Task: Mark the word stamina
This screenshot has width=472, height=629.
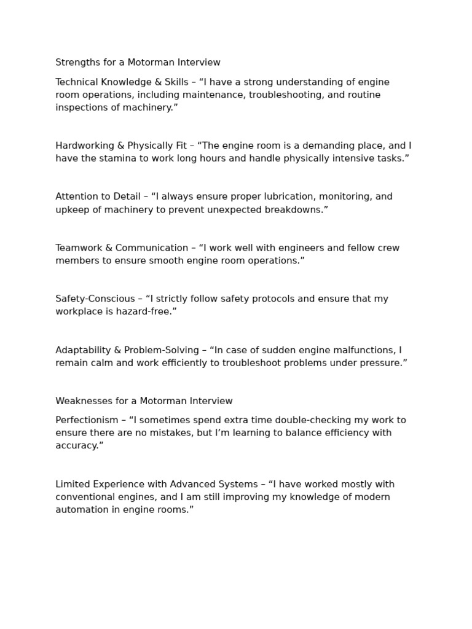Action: [120, 158]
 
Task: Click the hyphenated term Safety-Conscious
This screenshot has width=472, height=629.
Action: [95, 299]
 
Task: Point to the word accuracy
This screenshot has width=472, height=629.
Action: [79, 446]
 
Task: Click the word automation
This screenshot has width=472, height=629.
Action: [81, 510]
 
